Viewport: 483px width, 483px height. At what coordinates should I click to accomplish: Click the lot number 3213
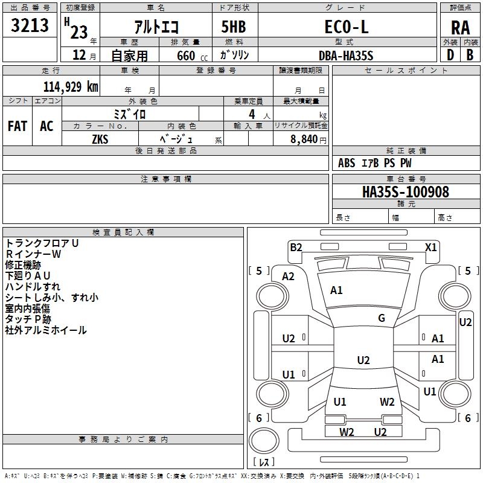pos(30,25)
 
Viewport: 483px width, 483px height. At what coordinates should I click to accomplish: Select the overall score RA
pos(460,28)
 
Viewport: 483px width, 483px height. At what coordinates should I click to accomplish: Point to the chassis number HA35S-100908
pos(405,192)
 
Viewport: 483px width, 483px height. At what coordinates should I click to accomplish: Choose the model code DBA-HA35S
pos(346,55)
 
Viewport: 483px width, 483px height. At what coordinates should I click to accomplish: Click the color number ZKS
pos(100,139)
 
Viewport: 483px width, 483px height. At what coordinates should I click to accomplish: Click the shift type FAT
pos(17,126)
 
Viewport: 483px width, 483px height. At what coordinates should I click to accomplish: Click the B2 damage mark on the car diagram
pos(296,247)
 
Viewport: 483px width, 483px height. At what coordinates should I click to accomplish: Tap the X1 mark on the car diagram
pos(430,247)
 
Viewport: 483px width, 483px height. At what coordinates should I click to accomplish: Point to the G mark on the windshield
pos(382,318)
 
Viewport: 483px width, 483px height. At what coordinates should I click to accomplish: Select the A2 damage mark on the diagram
pos(289,277)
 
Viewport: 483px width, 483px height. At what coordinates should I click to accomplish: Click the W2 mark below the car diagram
pos(347,432)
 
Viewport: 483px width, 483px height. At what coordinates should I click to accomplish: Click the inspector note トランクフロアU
pos(42,243)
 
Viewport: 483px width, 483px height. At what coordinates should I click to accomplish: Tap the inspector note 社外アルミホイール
pos(46,330)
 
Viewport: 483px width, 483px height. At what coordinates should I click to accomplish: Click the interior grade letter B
pos(470,55)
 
